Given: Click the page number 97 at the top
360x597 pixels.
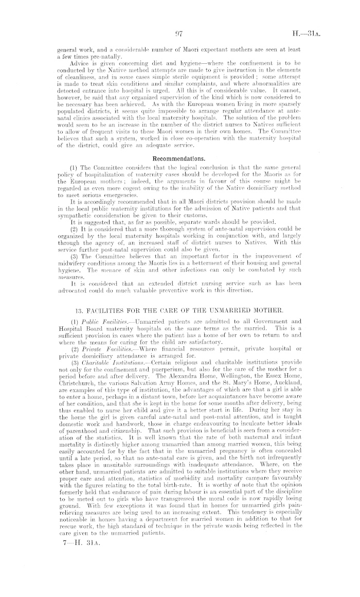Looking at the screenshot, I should (180, 36).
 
